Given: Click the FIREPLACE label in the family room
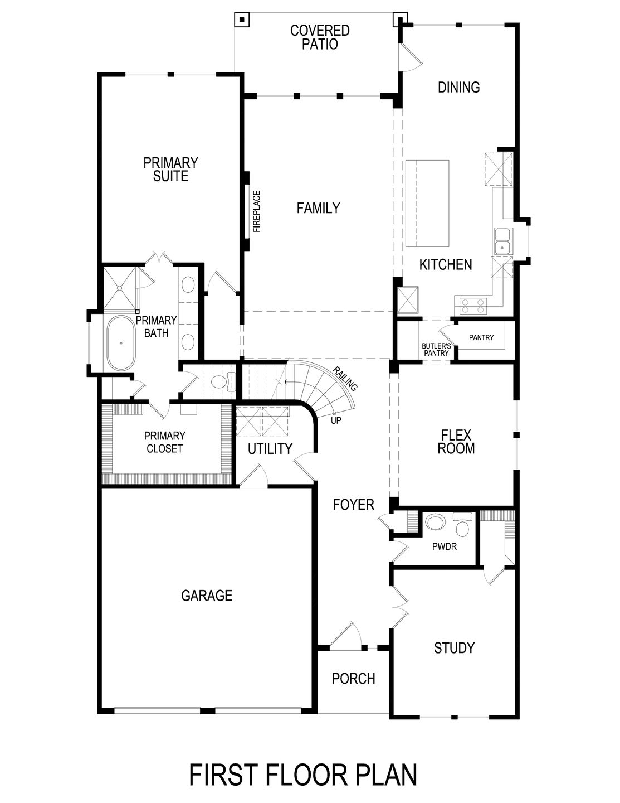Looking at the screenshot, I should [257, 211].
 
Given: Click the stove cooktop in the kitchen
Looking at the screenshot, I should [471, 305].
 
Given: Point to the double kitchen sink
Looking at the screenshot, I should [502, 241].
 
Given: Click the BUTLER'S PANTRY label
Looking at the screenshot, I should [436, 349].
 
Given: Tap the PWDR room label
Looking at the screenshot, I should [444, 547].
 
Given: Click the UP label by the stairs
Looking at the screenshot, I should [336, 420].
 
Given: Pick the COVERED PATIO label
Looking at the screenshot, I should [320, 37].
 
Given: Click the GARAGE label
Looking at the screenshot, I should [207, 596].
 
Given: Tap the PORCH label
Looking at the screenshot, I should [353, 679].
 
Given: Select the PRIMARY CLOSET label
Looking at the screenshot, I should [164, 442].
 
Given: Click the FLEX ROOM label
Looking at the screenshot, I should [456, 441].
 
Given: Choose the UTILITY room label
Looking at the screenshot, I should [270, 448].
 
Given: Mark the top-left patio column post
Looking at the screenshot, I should [241, 20].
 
